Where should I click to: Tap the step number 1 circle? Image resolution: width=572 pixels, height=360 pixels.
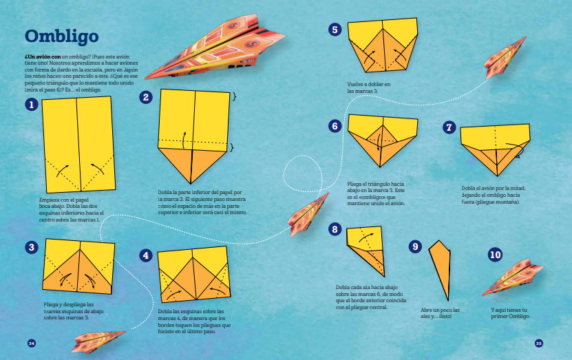pyautogui.click(x=32, y=105)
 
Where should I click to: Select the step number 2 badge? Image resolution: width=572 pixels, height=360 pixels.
pyautogui.click(x=146, y=97)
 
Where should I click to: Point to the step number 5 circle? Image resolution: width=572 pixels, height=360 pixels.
pyautogui.click(x=335, y=30)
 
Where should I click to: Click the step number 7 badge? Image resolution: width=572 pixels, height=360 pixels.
pyautogui.click(x=449, y=127)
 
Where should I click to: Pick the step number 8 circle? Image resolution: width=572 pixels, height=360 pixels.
pyautogui.click(x=335, y=229)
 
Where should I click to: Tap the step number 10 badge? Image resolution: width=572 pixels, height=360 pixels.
pyautogui.click(x=495, y=254)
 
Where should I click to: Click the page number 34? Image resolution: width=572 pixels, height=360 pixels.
pyautogui.click(x=32, y=343)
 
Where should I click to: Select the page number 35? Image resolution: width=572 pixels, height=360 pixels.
pyautogui.click(x=539, y=343)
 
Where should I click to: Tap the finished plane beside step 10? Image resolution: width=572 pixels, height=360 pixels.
pyautogui.click(x=513, y=277)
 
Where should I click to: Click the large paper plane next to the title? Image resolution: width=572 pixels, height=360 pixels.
pyautogui.click(x=215, y=47)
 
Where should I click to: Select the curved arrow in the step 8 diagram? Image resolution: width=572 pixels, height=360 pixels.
pyautogui.click(x=366, y=237)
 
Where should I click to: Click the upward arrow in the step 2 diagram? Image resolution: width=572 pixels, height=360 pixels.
pyautogui.click(x=184, y=140)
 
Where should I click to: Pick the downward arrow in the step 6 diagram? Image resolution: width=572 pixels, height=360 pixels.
pyautogui.click(x=379, y=142)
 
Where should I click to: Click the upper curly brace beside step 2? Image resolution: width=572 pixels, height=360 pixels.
pyautogui.click(x=234, y=96)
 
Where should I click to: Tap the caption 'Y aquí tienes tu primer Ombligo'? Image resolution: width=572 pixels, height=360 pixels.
pyautogui.click(x=510, y=313)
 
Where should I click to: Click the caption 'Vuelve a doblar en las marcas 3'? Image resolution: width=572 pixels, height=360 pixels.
pyautogui.click(x=368, y=87)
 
